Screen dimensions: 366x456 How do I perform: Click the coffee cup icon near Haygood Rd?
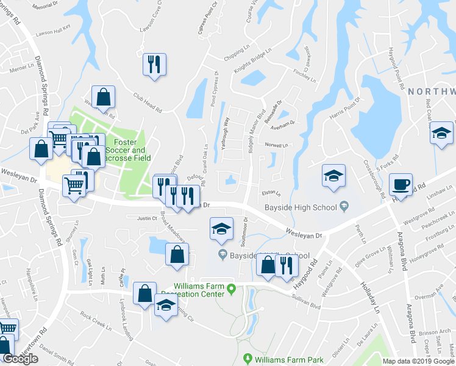point(401,184)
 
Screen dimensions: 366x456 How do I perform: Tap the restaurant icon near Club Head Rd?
point(152,64)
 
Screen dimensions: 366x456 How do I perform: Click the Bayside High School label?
point(301,207)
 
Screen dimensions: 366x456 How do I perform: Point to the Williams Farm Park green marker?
point(247,359)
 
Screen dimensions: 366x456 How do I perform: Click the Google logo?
point(20,359)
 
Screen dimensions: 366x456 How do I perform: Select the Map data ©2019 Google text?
point(418,361)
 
